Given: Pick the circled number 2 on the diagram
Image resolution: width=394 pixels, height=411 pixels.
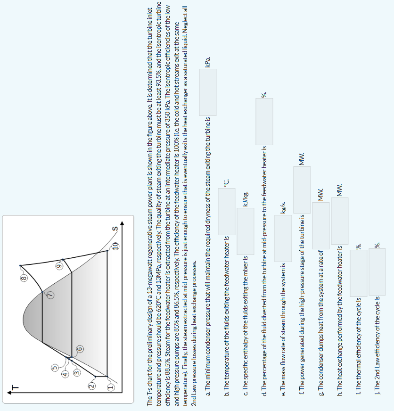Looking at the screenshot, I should pos(92,387).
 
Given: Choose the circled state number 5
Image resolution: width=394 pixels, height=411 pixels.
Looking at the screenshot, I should pos(55,367).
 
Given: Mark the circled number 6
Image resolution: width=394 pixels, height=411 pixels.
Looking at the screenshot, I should pos(79,349).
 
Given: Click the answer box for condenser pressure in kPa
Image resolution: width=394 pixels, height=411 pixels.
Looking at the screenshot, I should pos(207,92).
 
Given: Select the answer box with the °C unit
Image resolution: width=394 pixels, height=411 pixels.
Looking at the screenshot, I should pos(226,211).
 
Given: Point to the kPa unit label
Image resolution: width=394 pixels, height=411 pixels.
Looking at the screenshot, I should pos(207,61).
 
